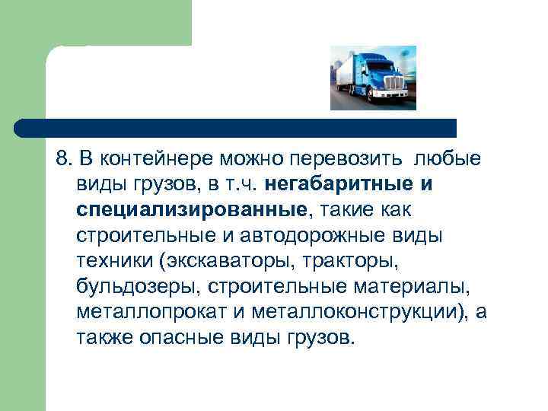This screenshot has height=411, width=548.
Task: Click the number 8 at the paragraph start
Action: (61, 159)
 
